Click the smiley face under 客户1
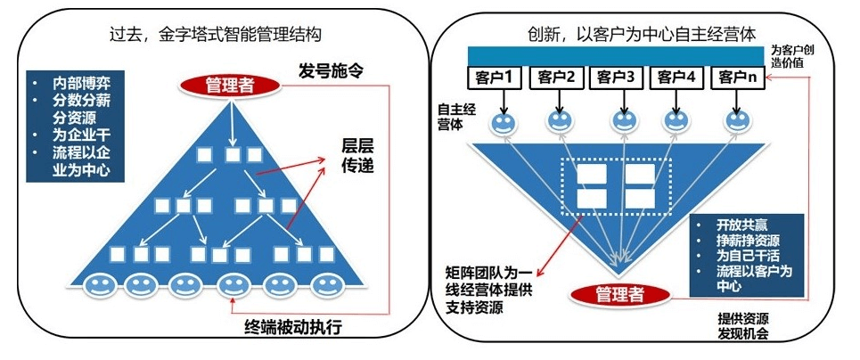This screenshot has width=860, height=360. tap(503, 119)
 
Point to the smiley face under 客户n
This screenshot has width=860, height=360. tap(737, 119)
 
